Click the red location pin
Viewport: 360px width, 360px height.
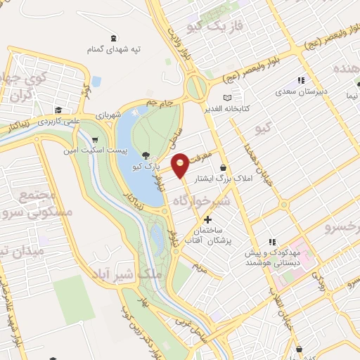[x=181, y=165]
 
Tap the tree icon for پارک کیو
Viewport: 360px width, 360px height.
[x=146, y=155]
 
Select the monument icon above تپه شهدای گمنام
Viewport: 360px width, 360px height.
[x=114, y=38]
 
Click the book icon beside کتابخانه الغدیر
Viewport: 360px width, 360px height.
[x=226, y=98]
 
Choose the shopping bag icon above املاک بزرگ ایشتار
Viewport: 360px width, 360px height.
[x=224, y=167]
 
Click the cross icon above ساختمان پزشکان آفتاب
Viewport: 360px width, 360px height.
[x=207, y=220]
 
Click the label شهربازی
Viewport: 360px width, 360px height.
[x=109, y=114]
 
